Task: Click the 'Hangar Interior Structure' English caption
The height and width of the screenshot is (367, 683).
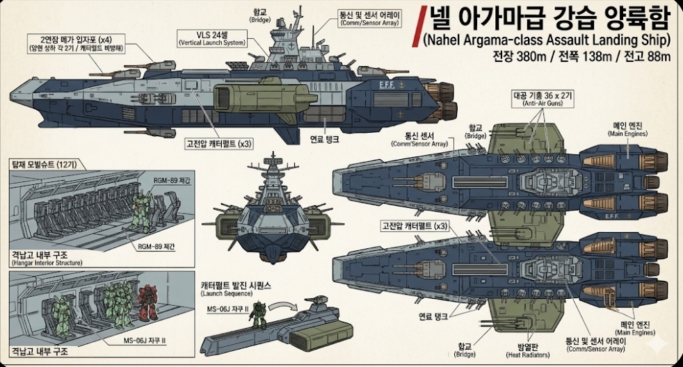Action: coord(47,263)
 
